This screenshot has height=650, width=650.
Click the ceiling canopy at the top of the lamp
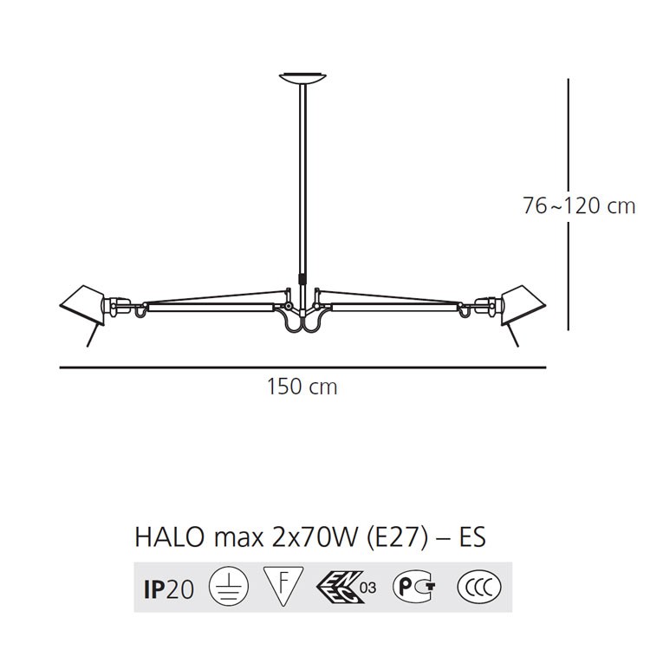tap(302, 77)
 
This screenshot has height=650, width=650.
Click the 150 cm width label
tap(302, 387)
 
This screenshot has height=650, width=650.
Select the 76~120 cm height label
tap(579, 205)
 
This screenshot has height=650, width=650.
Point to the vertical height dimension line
tap(568, 204)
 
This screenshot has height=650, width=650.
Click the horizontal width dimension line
tap(302, 367)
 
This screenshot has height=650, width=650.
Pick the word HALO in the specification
tap(169, 537)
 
